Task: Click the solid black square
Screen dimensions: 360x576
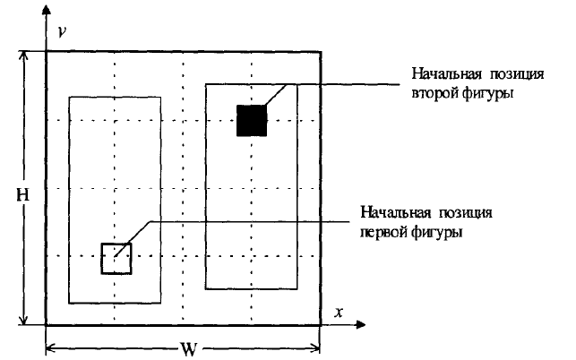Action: (x=252, y=120)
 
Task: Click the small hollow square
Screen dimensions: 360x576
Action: (x=116, y=258)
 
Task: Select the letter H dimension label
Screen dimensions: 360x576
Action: (x=16, y=193)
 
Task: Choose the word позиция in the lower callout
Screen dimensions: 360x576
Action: (x=465, y=213)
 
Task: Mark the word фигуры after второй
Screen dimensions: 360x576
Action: (x=489, y=92)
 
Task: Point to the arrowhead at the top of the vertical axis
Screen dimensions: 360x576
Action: (x=45, y=19)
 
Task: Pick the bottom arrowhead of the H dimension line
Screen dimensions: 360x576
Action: (x=24, y=320)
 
